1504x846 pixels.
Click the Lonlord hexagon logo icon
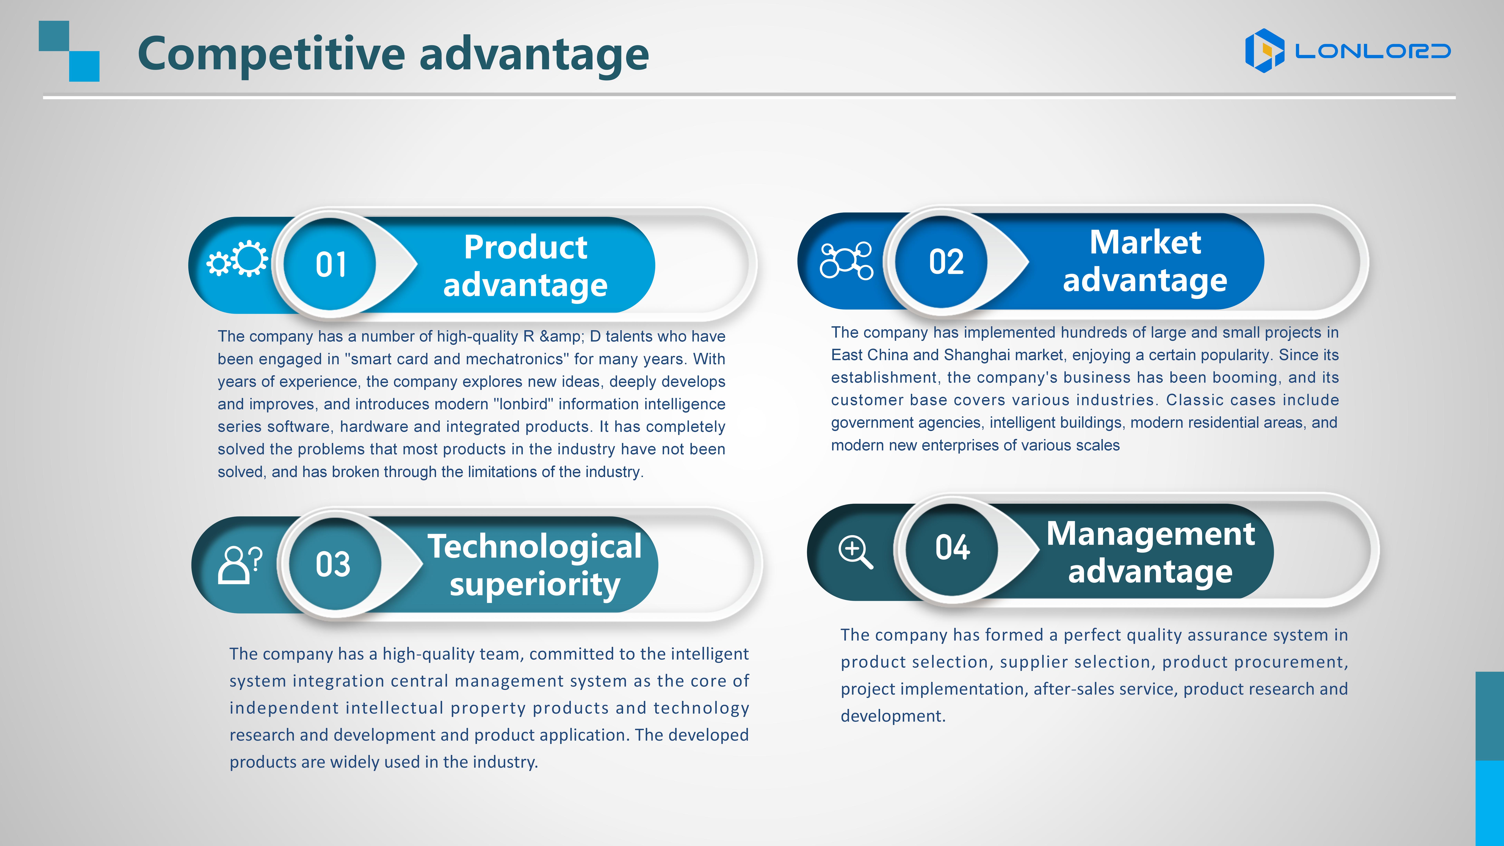(x=1265, y=51)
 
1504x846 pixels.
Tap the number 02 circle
(x=941, y=261)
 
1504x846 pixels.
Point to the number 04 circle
(x=952, y=549)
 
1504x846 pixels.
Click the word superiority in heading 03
(x=535, y=585)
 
